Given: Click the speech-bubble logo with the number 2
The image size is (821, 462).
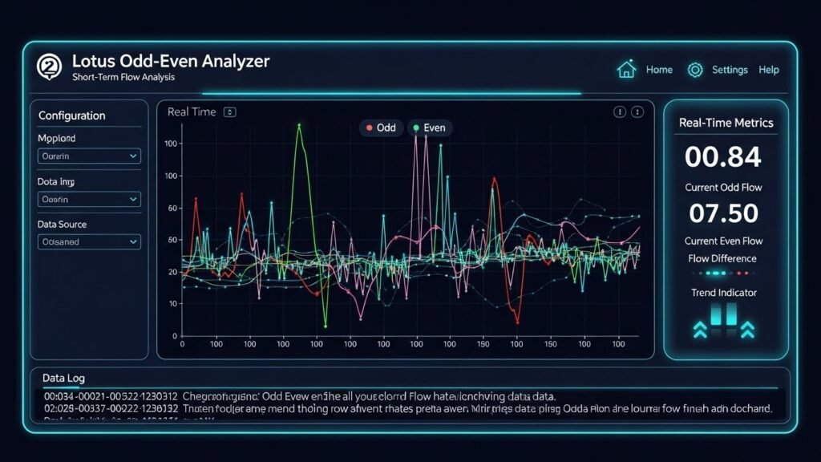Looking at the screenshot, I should point(49,67).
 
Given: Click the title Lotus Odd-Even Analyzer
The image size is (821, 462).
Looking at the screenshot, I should point(171,61).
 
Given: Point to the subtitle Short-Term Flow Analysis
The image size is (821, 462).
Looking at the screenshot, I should point(123,78).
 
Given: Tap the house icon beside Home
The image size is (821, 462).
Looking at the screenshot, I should point(626,70).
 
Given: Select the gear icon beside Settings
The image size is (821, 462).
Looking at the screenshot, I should point(694,70).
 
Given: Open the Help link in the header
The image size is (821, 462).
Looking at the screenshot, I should point(768,70).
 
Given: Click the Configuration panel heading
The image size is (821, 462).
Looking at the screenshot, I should point(71,115).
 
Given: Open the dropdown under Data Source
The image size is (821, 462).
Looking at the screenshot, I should point(89,241).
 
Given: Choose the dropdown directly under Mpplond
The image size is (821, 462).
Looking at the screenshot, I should point(89,157).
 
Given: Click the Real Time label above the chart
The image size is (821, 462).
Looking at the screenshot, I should point(192,112).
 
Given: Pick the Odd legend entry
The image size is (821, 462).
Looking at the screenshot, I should point(381,128).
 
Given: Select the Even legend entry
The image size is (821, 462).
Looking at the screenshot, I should point(430,128).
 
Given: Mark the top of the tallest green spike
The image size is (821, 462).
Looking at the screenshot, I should point(299,125).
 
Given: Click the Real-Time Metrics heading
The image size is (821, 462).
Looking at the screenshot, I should point(726,123).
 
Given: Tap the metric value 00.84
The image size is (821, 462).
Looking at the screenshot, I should point(722,157).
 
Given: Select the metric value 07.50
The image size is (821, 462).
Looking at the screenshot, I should point(723,213).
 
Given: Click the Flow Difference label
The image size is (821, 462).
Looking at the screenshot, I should point(722,258).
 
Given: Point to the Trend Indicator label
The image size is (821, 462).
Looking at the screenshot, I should point(723,293).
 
